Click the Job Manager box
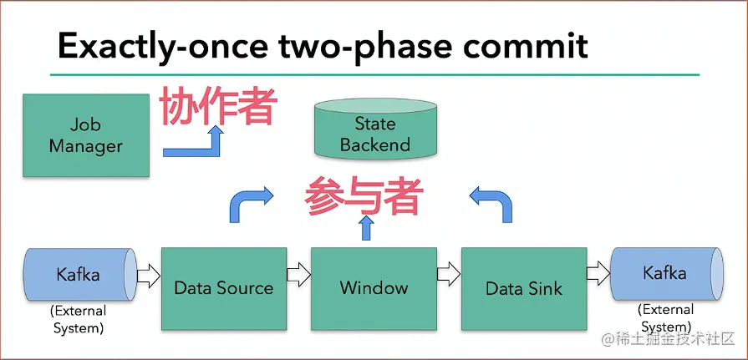(86, 134)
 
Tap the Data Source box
(223, 288)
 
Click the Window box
(374, 288)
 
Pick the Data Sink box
(524, 288)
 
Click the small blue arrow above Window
(364, 228)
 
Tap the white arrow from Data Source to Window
(298, 274)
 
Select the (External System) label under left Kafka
(79, 321)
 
